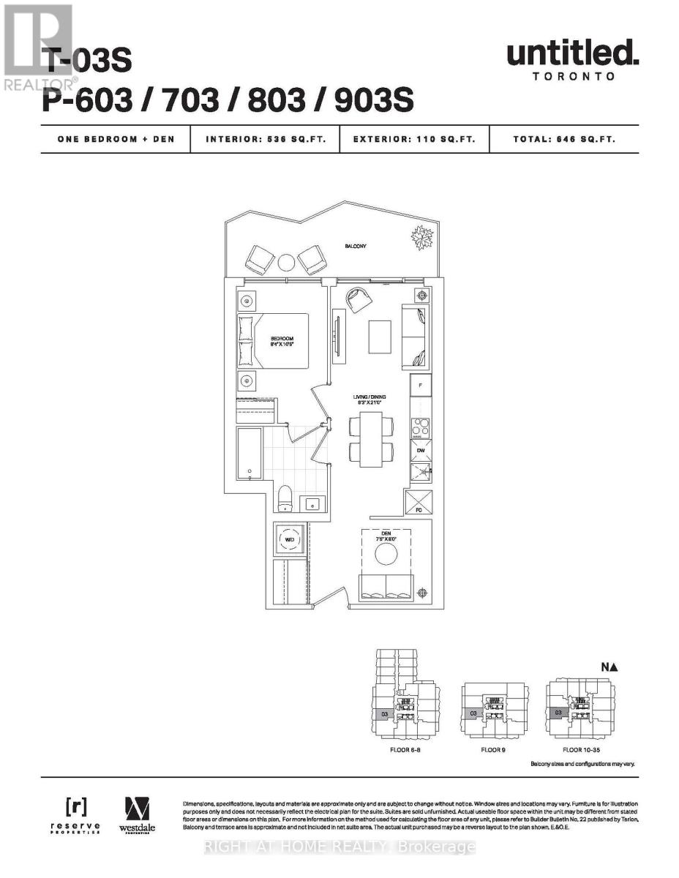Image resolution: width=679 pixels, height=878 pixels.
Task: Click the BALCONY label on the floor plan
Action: coord(356,247)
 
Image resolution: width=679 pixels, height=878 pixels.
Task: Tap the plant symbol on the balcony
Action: coord(422,238)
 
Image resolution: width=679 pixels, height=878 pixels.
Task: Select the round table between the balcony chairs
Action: coord(285,261)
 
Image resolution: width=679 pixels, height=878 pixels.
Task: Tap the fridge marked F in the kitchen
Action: coord(420,385)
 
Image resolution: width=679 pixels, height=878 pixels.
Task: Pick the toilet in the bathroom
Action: coord(285,499)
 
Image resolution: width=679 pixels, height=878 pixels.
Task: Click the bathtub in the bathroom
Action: coord(250,454)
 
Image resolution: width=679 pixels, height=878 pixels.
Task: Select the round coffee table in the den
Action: coord(386,554)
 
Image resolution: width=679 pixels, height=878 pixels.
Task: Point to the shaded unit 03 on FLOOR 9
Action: coord(473,713)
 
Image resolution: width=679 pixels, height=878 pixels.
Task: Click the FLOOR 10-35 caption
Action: coord(582,750)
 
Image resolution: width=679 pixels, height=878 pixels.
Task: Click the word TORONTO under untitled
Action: coord(573,75)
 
